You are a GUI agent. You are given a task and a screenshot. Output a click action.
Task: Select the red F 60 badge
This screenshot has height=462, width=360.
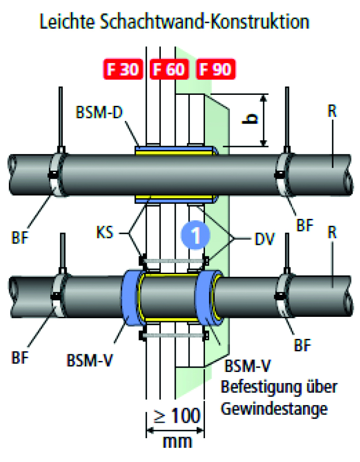[x=168, y=70]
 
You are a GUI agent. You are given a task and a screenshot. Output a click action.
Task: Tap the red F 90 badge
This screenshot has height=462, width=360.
[x=215, y=70]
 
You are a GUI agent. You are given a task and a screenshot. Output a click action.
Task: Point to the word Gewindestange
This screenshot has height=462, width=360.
[x=274, y=409]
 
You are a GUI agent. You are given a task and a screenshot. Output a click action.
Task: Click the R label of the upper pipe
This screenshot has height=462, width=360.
[x=332, y=111]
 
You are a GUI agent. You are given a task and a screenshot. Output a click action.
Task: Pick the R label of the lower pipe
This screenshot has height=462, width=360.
[x=332, y=233]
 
